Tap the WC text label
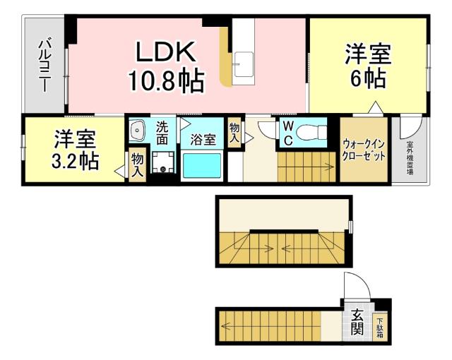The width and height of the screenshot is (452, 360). [x=288, y=131]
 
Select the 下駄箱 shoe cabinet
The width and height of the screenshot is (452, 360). [x=380, y=325]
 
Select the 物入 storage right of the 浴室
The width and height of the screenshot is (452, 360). [x=234, y=132]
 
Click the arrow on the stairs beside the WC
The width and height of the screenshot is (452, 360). [x=326, y=167]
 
